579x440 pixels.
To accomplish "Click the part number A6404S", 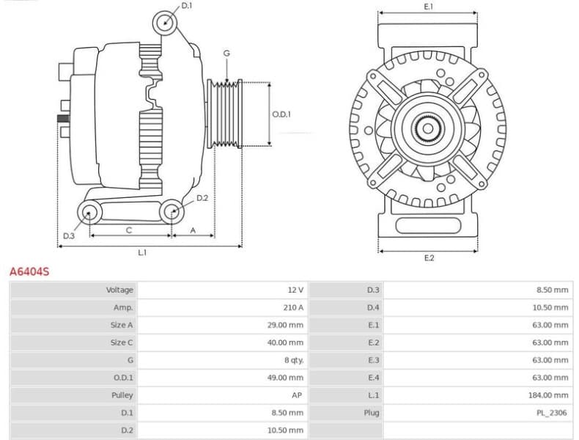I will click(x=29, y=271).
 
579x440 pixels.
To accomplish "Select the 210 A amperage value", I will click(x=292, y=307).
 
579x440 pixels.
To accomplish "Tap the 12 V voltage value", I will click(x=296, y=290).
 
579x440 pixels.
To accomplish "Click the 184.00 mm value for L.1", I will click(x=550, y=395).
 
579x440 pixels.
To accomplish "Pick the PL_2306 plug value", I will click(x=551, y=413).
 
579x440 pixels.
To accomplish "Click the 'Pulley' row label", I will click(x=121, y=395).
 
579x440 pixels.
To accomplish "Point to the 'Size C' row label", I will click(x=122, y=342).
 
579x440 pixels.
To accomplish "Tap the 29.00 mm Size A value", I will click(x=285, y=325).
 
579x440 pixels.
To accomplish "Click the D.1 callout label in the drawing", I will click(x=186, y=6).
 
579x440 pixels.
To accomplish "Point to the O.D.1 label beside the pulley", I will click(x=281, y=114).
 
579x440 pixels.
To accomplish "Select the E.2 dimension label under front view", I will click(x=429, y=258).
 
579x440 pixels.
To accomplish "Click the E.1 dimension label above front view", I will click(x=429, y=7).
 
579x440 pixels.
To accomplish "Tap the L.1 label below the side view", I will click(x=142, y=253).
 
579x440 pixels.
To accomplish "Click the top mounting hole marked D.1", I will click(x=166, y=23).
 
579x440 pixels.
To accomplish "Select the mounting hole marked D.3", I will click(x=89, y=213).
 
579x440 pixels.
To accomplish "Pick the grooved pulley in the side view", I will click(x=226, y=114).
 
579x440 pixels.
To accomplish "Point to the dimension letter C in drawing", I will click(x=129, y=230).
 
